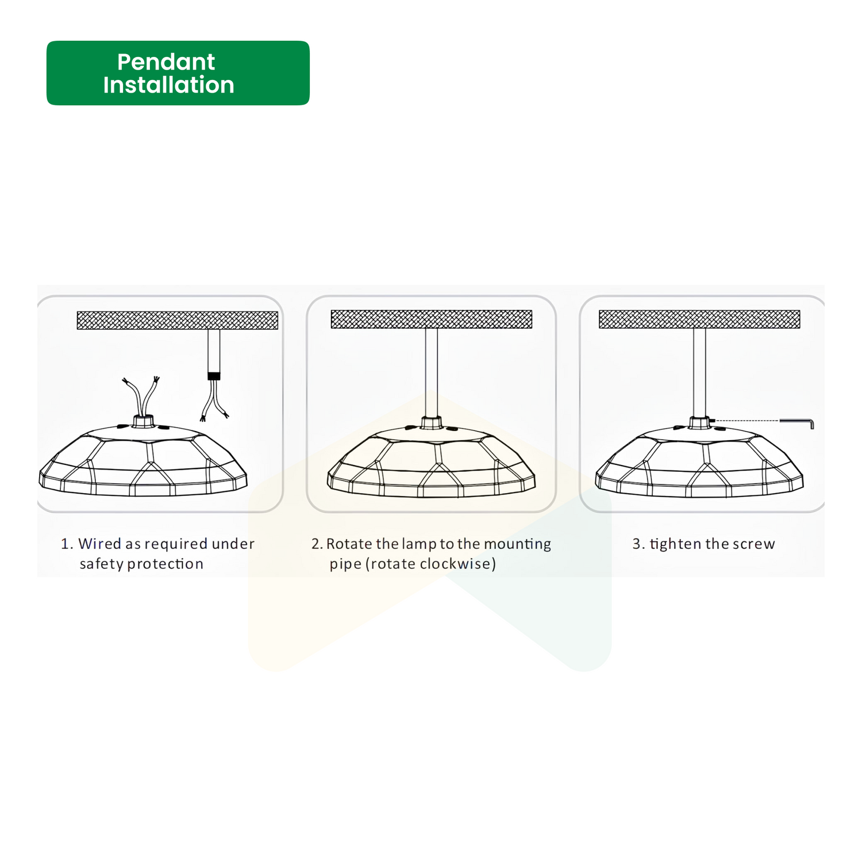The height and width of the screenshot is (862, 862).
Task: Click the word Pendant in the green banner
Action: [x=166, y=61]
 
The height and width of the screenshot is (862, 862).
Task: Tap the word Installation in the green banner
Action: [x=169, y=85]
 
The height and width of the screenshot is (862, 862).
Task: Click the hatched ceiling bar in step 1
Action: [x=178, y=320]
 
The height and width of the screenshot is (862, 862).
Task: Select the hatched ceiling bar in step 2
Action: [x=432, y=319]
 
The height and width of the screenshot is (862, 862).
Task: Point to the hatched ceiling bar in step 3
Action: [x=699, y=319]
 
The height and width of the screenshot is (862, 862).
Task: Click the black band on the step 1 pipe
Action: [x=214, y=376]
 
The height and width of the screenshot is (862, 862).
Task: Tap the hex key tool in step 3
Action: [x=797, y=423]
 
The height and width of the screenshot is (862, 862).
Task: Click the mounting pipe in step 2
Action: [x=432, y=372]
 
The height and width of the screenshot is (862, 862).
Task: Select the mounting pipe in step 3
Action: [x=699, y=372]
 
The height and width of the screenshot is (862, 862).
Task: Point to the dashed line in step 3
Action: [x=746, y=421]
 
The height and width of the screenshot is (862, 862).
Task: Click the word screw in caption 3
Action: [x=753, y=544]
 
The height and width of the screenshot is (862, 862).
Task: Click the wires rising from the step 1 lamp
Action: [x=141, y=397]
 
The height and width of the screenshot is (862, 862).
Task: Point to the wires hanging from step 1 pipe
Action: [x=214, y=401]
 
